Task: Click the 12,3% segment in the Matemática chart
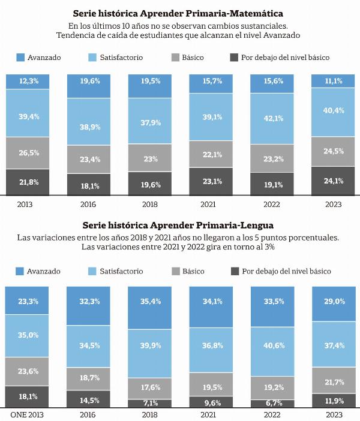click(x=28, y=82)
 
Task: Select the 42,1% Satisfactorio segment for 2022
click(x=272, y=119)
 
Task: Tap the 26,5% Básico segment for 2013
click(x=28, y=153)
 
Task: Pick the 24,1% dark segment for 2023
click(x=333, y=181)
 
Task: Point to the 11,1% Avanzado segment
click(x=333, y=81)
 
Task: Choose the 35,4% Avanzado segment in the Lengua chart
click(x=149, y=308)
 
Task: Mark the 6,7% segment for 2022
click(x=272, y=404)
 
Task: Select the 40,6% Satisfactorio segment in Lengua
click(x=272, y=351)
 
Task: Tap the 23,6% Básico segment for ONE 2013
click(x=27, y=372)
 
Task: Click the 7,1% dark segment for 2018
click(x=149, y=403)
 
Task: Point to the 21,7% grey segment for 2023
click(x=334, y=380)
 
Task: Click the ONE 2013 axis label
click(x=27, y=415)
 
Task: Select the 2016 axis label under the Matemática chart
click(x=88, y=205)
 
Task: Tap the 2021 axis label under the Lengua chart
click(x=208, y=415)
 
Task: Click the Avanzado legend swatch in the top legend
click(x=20, y=58)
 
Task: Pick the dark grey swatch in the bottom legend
click(x=235, y=271)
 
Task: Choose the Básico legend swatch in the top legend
click(x=175, y=58)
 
